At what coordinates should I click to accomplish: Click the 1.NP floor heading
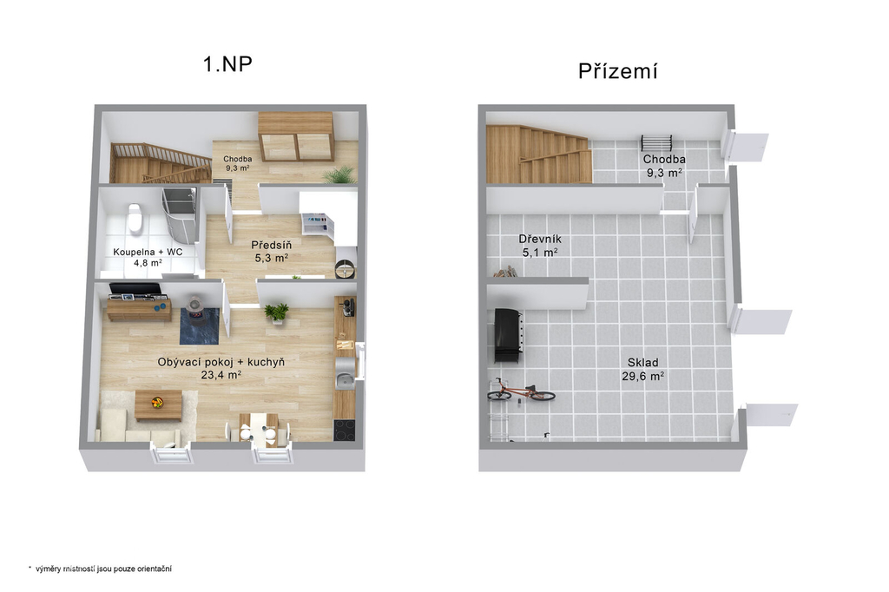click(227, 64)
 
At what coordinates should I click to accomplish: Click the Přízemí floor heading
click(618, 71)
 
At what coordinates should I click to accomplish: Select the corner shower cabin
click(180, 214)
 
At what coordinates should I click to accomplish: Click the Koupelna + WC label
click(148, 252)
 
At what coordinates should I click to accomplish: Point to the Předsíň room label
click(272, 245)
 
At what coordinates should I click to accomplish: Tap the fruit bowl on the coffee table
click(157, 403)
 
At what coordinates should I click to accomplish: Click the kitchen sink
click(345, 380)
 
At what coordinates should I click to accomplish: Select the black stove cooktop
click(344, 430)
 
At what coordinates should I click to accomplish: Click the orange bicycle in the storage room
click(521, 391)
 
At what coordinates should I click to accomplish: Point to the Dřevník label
click(540, 239)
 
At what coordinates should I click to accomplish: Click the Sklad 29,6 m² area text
click(643, 369)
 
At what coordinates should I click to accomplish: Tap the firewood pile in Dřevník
click(506, 273)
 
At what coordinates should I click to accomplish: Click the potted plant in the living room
click(277, 312)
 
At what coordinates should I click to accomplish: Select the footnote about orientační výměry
click(100, 569)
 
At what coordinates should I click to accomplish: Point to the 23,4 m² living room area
click(221, 374)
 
